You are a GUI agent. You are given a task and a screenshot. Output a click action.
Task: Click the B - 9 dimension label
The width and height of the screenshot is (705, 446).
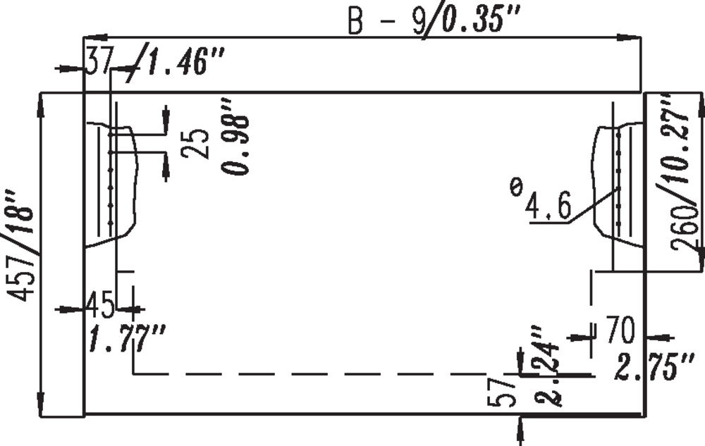click(x=386, y=21)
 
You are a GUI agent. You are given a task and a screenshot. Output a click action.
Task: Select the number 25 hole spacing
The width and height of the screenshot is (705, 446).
click(x=195, y=143)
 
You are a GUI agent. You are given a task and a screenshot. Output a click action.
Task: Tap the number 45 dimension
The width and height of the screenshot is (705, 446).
click(x=101, y=305)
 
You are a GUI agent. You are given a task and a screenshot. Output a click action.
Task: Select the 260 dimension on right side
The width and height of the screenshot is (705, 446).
click(x=685, y=228)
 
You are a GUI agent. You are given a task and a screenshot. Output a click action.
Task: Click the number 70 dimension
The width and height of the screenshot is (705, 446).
click(x=620, y=330)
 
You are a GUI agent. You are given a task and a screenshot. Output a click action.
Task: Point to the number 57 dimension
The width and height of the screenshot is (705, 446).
click(x=501, y=392)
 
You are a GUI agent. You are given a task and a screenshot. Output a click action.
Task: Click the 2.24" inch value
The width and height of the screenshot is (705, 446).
click(x=547, y=366)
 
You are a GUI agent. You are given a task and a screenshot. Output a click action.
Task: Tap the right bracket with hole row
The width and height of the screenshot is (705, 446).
click(x=619, y=184)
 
